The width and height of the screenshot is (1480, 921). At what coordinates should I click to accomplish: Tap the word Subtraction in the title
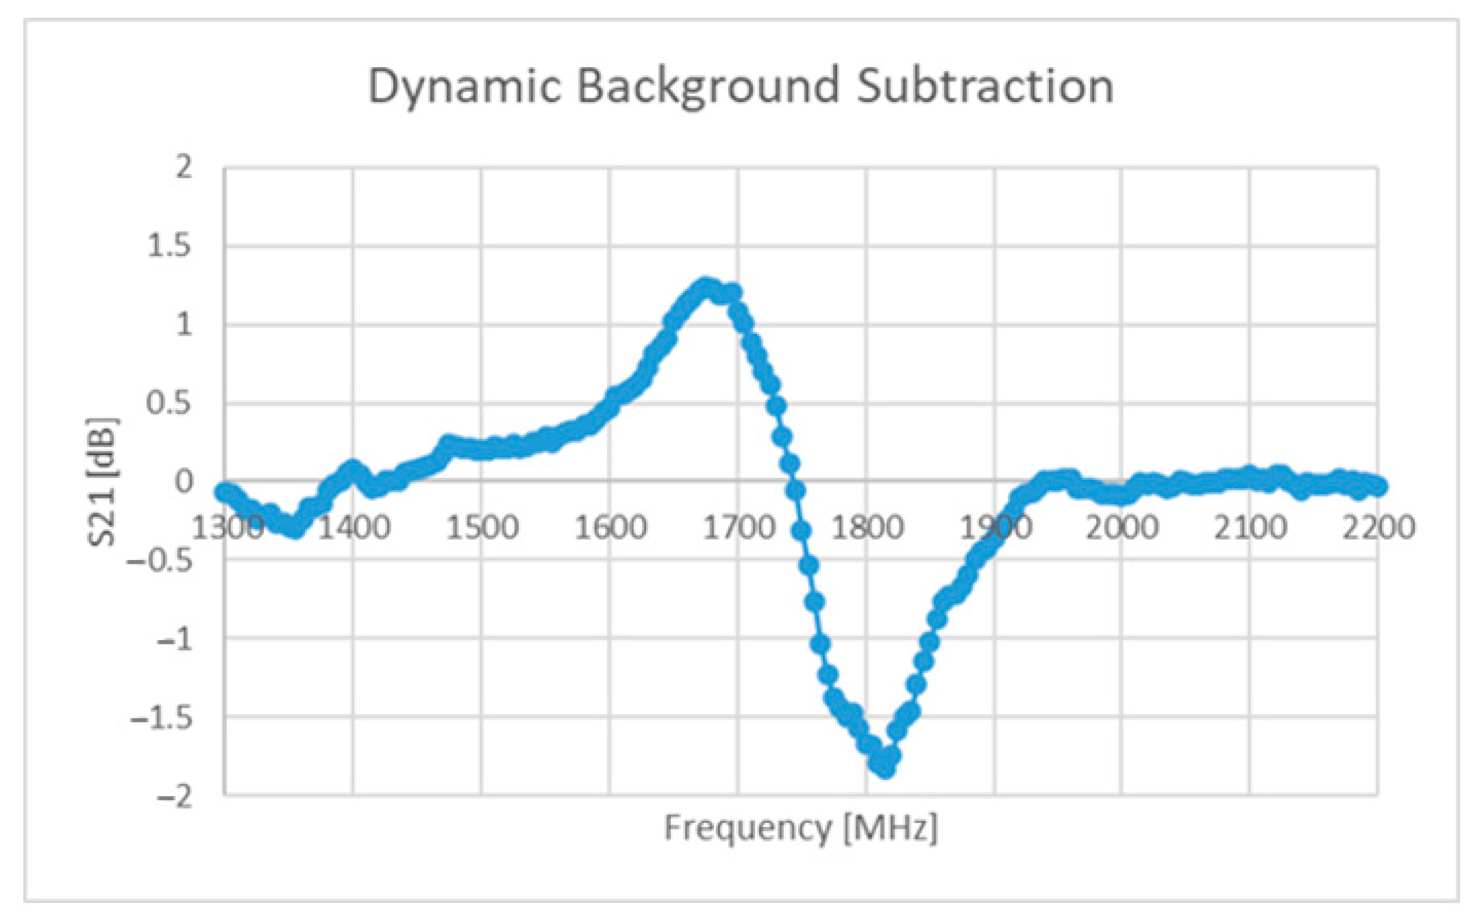tap(985, 87)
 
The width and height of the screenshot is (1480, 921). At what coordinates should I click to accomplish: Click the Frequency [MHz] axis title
tap(801, 828)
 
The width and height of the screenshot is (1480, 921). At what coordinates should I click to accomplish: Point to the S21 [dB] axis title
tap(102, 481)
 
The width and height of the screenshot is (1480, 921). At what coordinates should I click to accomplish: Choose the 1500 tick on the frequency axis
tap(482, 528)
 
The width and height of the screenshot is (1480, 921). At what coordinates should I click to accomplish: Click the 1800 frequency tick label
tap(867, 528)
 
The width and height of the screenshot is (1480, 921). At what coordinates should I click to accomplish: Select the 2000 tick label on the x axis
tap(1122, 528)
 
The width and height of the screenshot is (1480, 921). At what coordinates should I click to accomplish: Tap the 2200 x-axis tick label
tap(1378, 528)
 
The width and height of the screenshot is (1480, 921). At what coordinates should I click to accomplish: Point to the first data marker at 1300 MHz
tap(225, 491)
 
